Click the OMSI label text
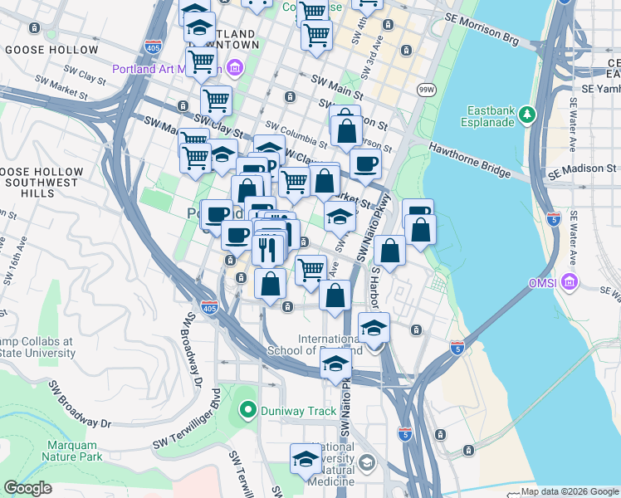pyautogui.click(x=545, y=283)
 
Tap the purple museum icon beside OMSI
pyautogui.click(x=570, y=283)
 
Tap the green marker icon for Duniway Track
pyautogui.click(x=246, y=410)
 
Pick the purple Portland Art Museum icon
pyautogui.click(x=235, y=66)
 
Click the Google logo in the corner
pyautogui.click(x=27, y=488)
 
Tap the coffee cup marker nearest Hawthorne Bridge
pyautogui.click(x=365, y=164)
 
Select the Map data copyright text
pyautogui.click(x=570, y=491)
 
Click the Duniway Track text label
pyautogui.click(x=296, y=411)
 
